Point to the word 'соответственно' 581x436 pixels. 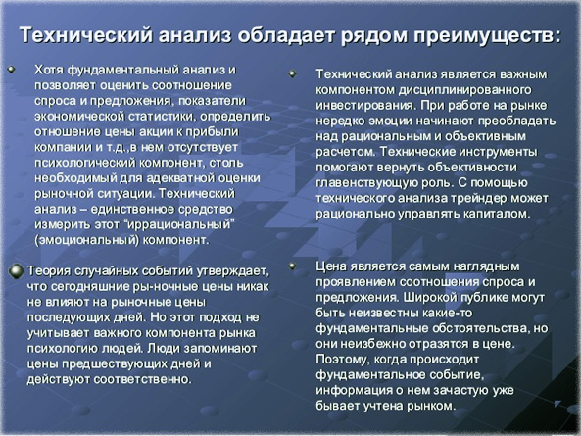coord(148,378)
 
